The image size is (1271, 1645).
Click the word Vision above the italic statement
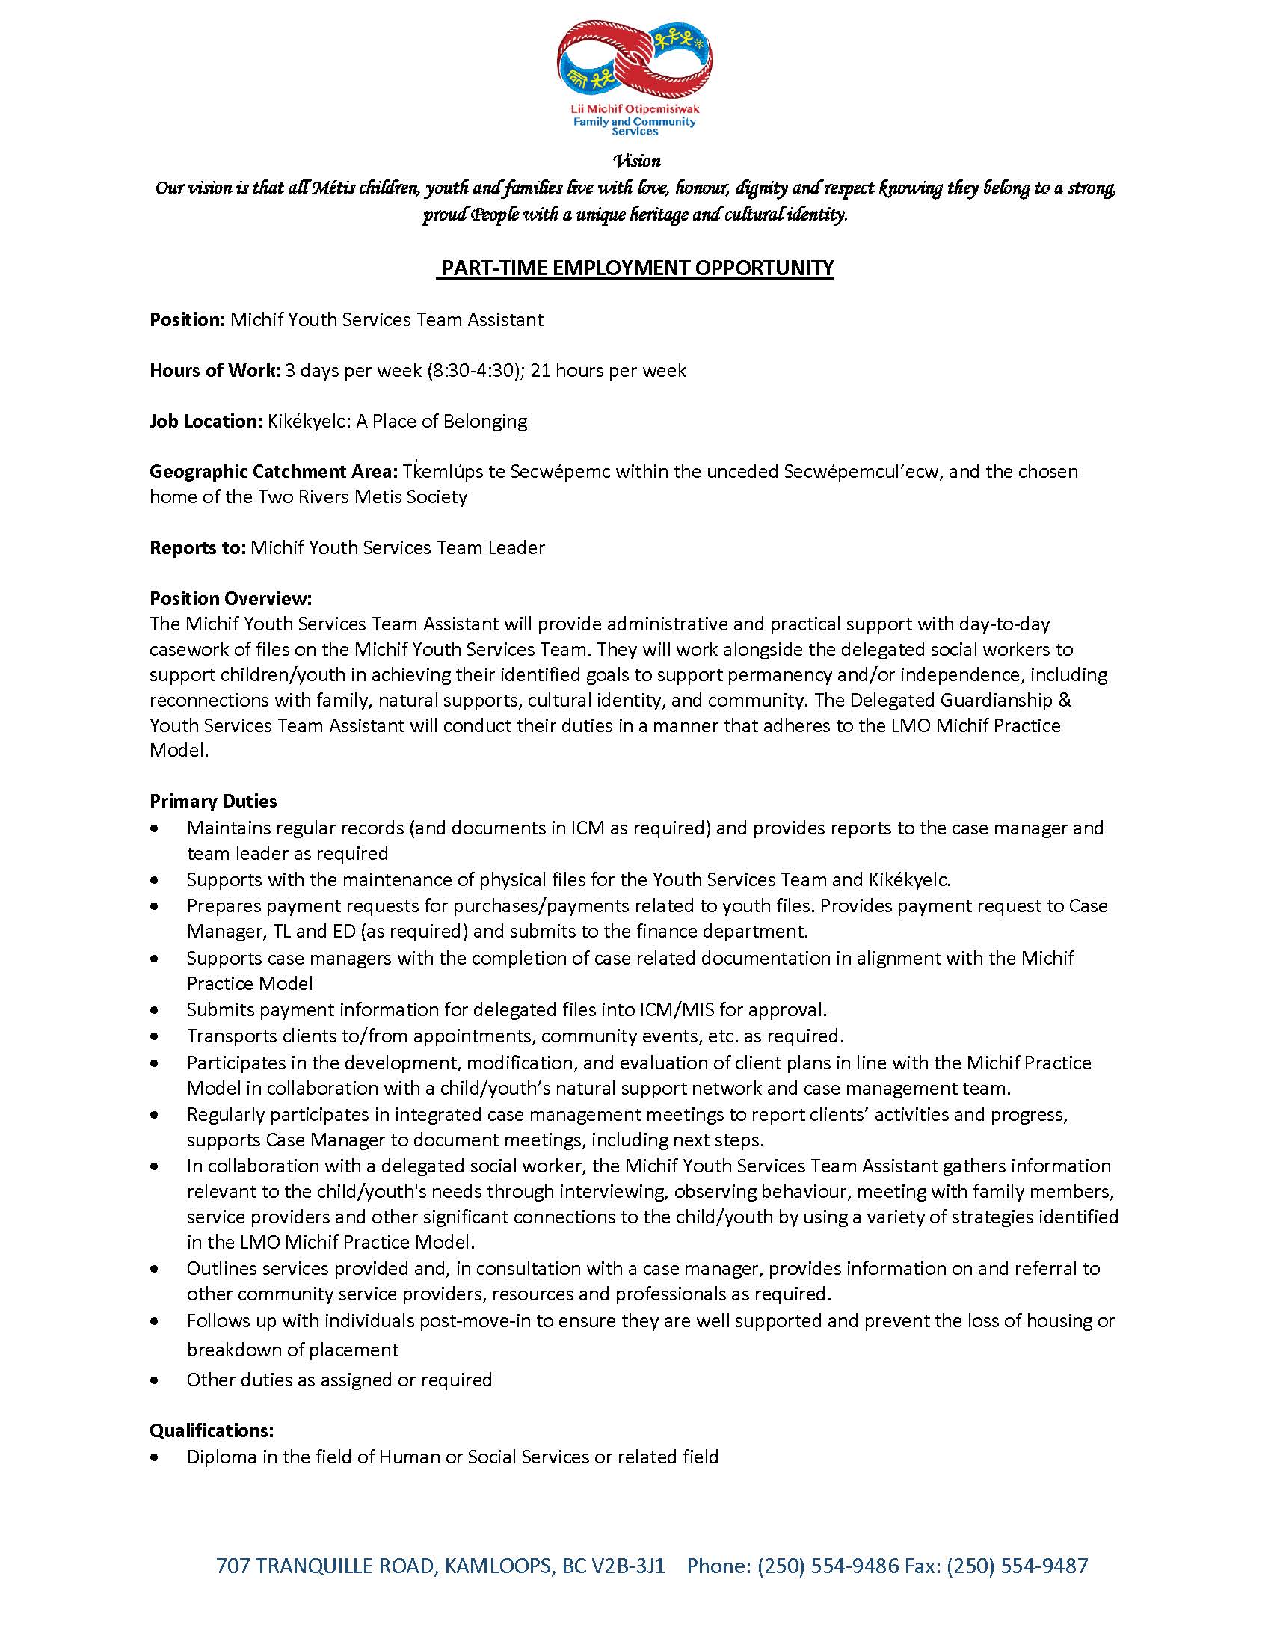pos(637,162)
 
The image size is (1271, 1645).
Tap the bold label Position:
pos(188,319)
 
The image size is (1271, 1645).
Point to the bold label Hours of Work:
pos(215,370)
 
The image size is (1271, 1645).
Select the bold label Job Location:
pos(206,421)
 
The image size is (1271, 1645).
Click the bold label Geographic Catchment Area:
pos(274,472)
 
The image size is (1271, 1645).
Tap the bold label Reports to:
pos(197,547)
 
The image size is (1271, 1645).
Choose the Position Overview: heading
pos(230,598)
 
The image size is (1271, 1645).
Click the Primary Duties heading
pos(213,801)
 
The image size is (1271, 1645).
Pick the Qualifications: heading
pos(212,1430)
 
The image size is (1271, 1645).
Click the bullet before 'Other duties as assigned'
pos(155,1380)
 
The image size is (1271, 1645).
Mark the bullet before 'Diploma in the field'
pos(155,1457)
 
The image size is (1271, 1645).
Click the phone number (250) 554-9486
pos(828,1566)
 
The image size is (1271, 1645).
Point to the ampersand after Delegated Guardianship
pos(1065,700)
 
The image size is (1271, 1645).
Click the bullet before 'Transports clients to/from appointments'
pos(155,1036)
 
